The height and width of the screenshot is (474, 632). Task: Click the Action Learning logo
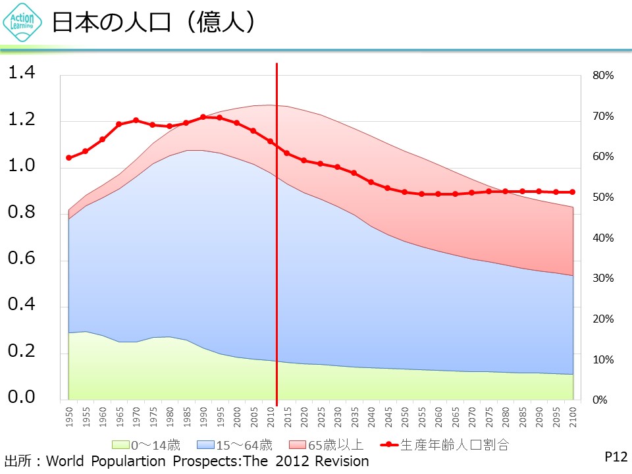coord(24,24)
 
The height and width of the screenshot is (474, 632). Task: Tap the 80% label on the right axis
coord(603,76)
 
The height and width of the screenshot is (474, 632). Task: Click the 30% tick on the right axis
coord(603,278)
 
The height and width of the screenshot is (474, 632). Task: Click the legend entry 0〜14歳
coord(146,444)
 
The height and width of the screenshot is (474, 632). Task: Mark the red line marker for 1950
coord(68,158)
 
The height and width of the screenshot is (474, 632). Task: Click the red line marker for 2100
coord(573,192)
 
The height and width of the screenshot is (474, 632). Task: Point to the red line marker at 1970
coord(136,120)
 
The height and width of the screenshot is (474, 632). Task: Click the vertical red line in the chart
coord(276,263)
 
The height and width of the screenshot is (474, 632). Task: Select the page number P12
coord(616,456)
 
